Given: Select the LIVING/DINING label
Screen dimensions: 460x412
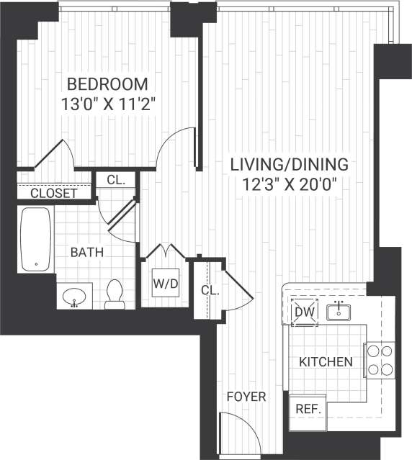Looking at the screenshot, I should click(289, 163).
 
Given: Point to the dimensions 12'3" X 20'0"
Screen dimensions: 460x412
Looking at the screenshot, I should click(289, 183).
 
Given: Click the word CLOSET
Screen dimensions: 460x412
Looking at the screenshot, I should click(54, 193).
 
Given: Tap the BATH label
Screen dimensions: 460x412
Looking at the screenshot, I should click(86, 252).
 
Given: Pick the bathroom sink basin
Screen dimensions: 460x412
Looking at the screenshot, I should click(76, 296).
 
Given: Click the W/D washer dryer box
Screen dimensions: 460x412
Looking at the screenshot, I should click(165, 284).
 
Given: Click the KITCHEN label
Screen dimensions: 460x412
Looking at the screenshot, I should click(326, 361).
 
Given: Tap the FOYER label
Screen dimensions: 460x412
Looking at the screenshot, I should click(246, 397).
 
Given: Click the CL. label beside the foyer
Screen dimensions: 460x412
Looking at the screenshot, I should click(210, 289).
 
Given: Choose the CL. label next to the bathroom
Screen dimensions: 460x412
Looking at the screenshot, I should click(116, 180).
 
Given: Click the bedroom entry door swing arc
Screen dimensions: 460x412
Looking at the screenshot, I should click(175, 148).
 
